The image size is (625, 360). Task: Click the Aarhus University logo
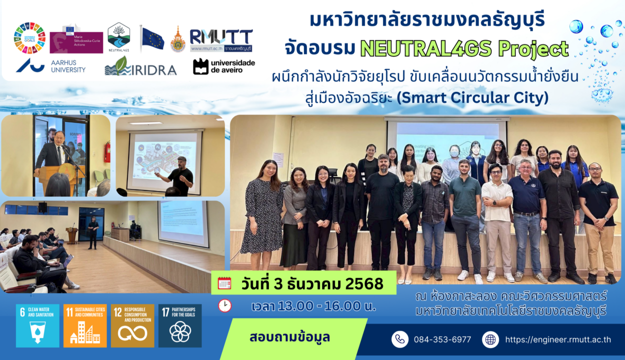pyautogui.click(x=50, y=66)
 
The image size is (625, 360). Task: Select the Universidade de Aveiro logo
pyautogui.click(x=223, y=66)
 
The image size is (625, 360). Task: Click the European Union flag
pyautogui.click(x=152, y=38)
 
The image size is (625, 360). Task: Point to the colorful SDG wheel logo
pyautogui.click(x=29, y=38)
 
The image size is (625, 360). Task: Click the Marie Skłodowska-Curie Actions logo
pyautogui.click(x=76, y=39)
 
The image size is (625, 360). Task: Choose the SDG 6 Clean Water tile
pyautogui.click(x=37, y=325)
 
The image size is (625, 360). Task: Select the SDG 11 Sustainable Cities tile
pyautogui.click(x=85, y=325)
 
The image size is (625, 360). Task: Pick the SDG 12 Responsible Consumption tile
pyautogui.click(x=132, y=325)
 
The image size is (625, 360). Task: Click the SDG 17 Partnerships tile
pyautogui.click(x=180, y=325)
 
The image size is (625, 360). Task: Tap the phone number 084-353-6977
pyautogui.click(x=442, y=339)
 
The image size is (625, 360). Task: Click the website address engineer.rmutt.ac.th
pyautogui.click(x=557, y=339)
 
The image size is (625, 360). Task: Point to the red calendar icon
pyautogui.click(x=224, y=283)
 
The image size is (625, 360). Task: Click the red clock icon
pyautogui.click(x=224, y=305)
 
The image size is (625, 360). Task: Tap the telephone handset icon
pyautogui.click(x=399, y=339)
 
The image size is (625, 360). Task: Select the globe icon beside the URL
pyautogui.click(x=490, y=339)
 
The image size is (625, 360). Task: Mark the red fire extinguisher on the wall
pyautogui.click(x=107, y=152)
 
